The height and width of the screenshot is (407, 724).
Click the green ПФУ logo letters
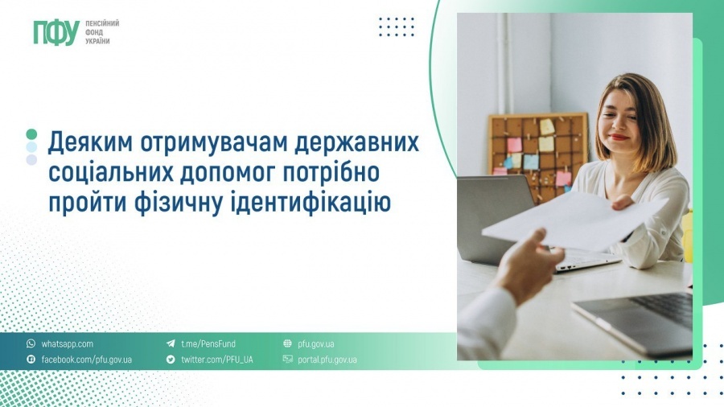click(56, 33)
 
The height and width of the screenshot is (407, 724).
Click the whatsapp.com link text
click(67, 344)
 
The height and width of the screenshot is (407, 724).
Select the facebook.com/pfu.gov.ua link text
click(86, 360)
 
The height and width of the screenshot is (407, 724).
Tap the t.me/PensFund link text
click(208, 344)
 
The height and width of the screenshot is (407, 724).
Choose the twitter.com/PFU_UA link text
click(216, 360)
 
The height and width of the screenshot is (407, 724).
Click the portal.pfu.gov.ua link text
click(327, 360)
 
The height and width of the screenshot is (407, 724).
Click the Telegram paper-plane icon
click(171, 343)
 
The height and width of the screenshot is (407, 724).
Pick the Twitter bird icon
click(171, 359)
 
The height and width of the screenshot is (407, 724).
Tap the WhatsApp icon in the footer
click(31, 343)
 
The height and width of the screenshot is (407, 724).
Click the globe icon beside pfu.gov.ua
click(287, 343)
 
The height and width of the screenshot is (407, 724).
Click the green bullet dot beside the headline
click(31, 134)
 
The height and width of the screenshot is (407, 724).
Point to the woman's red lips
click(618, 137)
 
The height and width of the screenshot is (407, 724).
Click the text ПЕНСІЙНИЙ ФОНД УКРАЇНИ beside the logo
click(102, 32)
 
